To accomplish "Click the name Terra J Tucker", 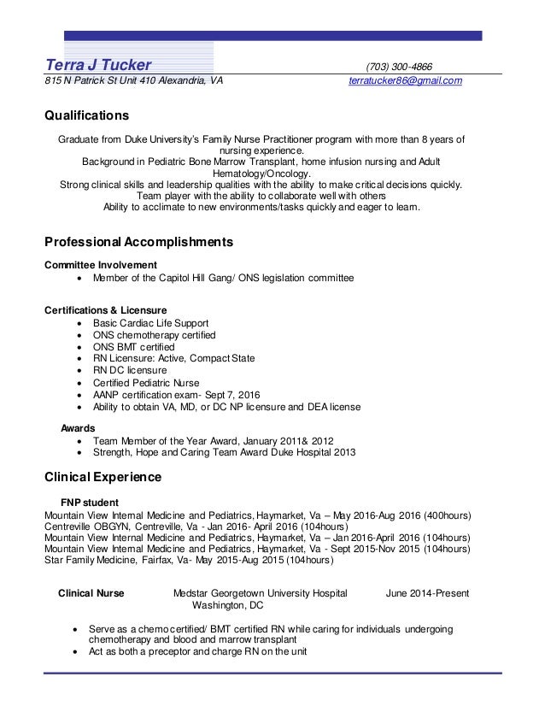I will coord(97,66).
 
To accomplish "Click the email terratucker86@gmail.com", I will coord(406,81).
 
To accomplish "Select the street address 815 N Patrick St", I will coord(85,81).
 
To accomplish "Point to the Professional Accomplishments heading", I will coord(138,243).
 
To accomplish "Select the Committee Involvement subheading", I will coord(100,264).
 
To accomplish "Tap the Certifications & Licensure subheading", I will coord(105,309).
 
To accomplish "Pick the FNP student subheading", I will coord(89,501).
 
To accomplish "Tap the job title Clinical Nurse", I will coord(91,592).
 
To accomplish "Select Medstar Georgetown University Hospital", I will coord(260,592).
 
